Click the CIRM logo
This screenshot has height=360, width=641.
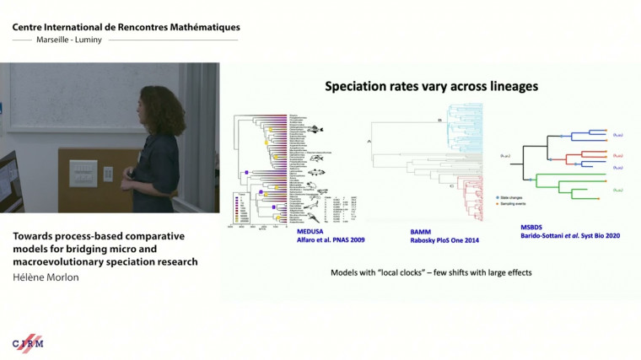coord(28,343)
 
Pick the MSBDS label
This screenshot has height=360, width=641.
coord(534,227)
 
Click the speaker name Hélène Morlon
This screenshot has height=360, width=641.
coord(46,276)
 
